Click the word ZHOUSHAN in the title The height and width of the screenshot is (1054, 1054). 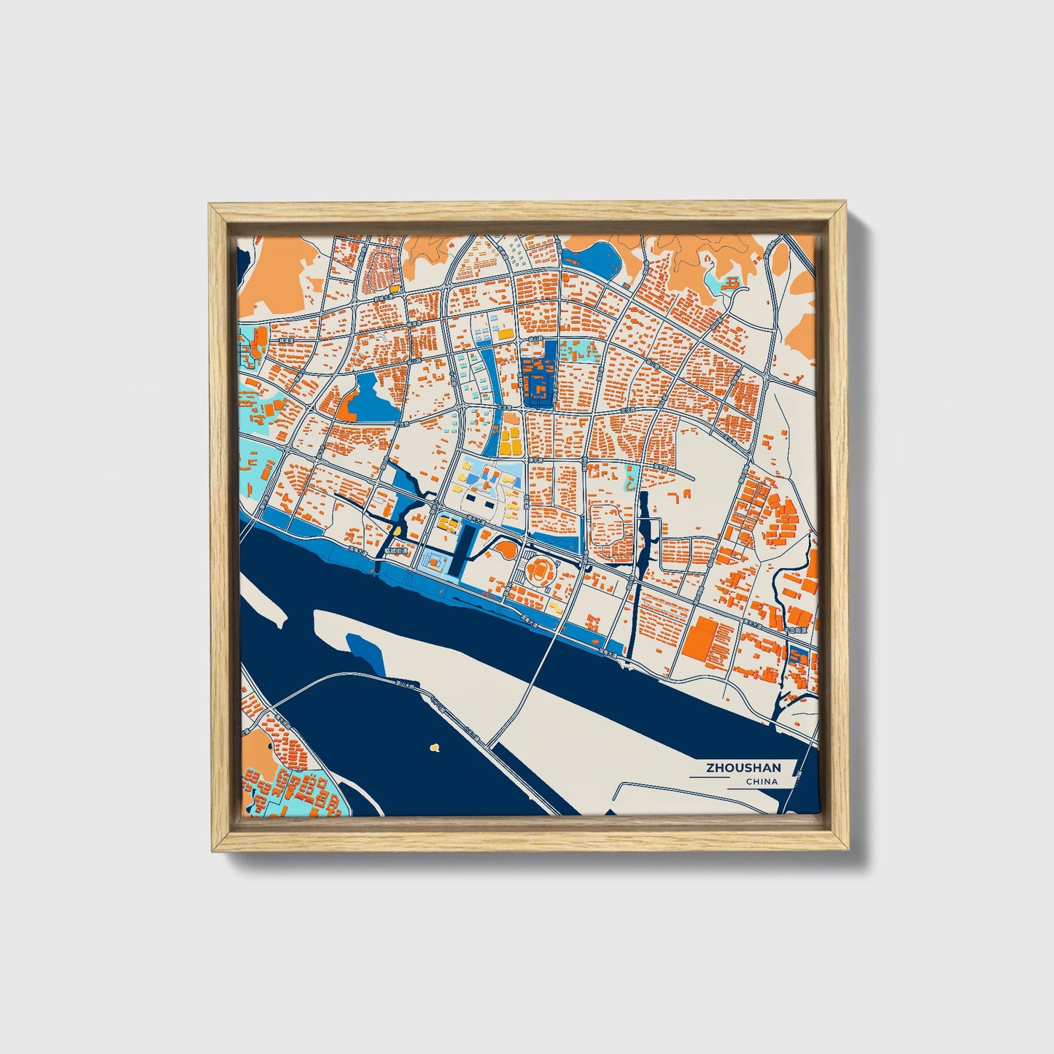coord(743,767)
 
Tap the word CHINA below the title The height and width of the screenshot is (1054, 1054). coord(761,781)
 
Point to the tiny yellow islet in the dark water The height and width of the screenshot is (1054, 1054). coord(435,747)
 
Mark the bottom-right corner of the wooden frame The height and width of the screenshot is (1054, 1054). coord(849,850)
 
